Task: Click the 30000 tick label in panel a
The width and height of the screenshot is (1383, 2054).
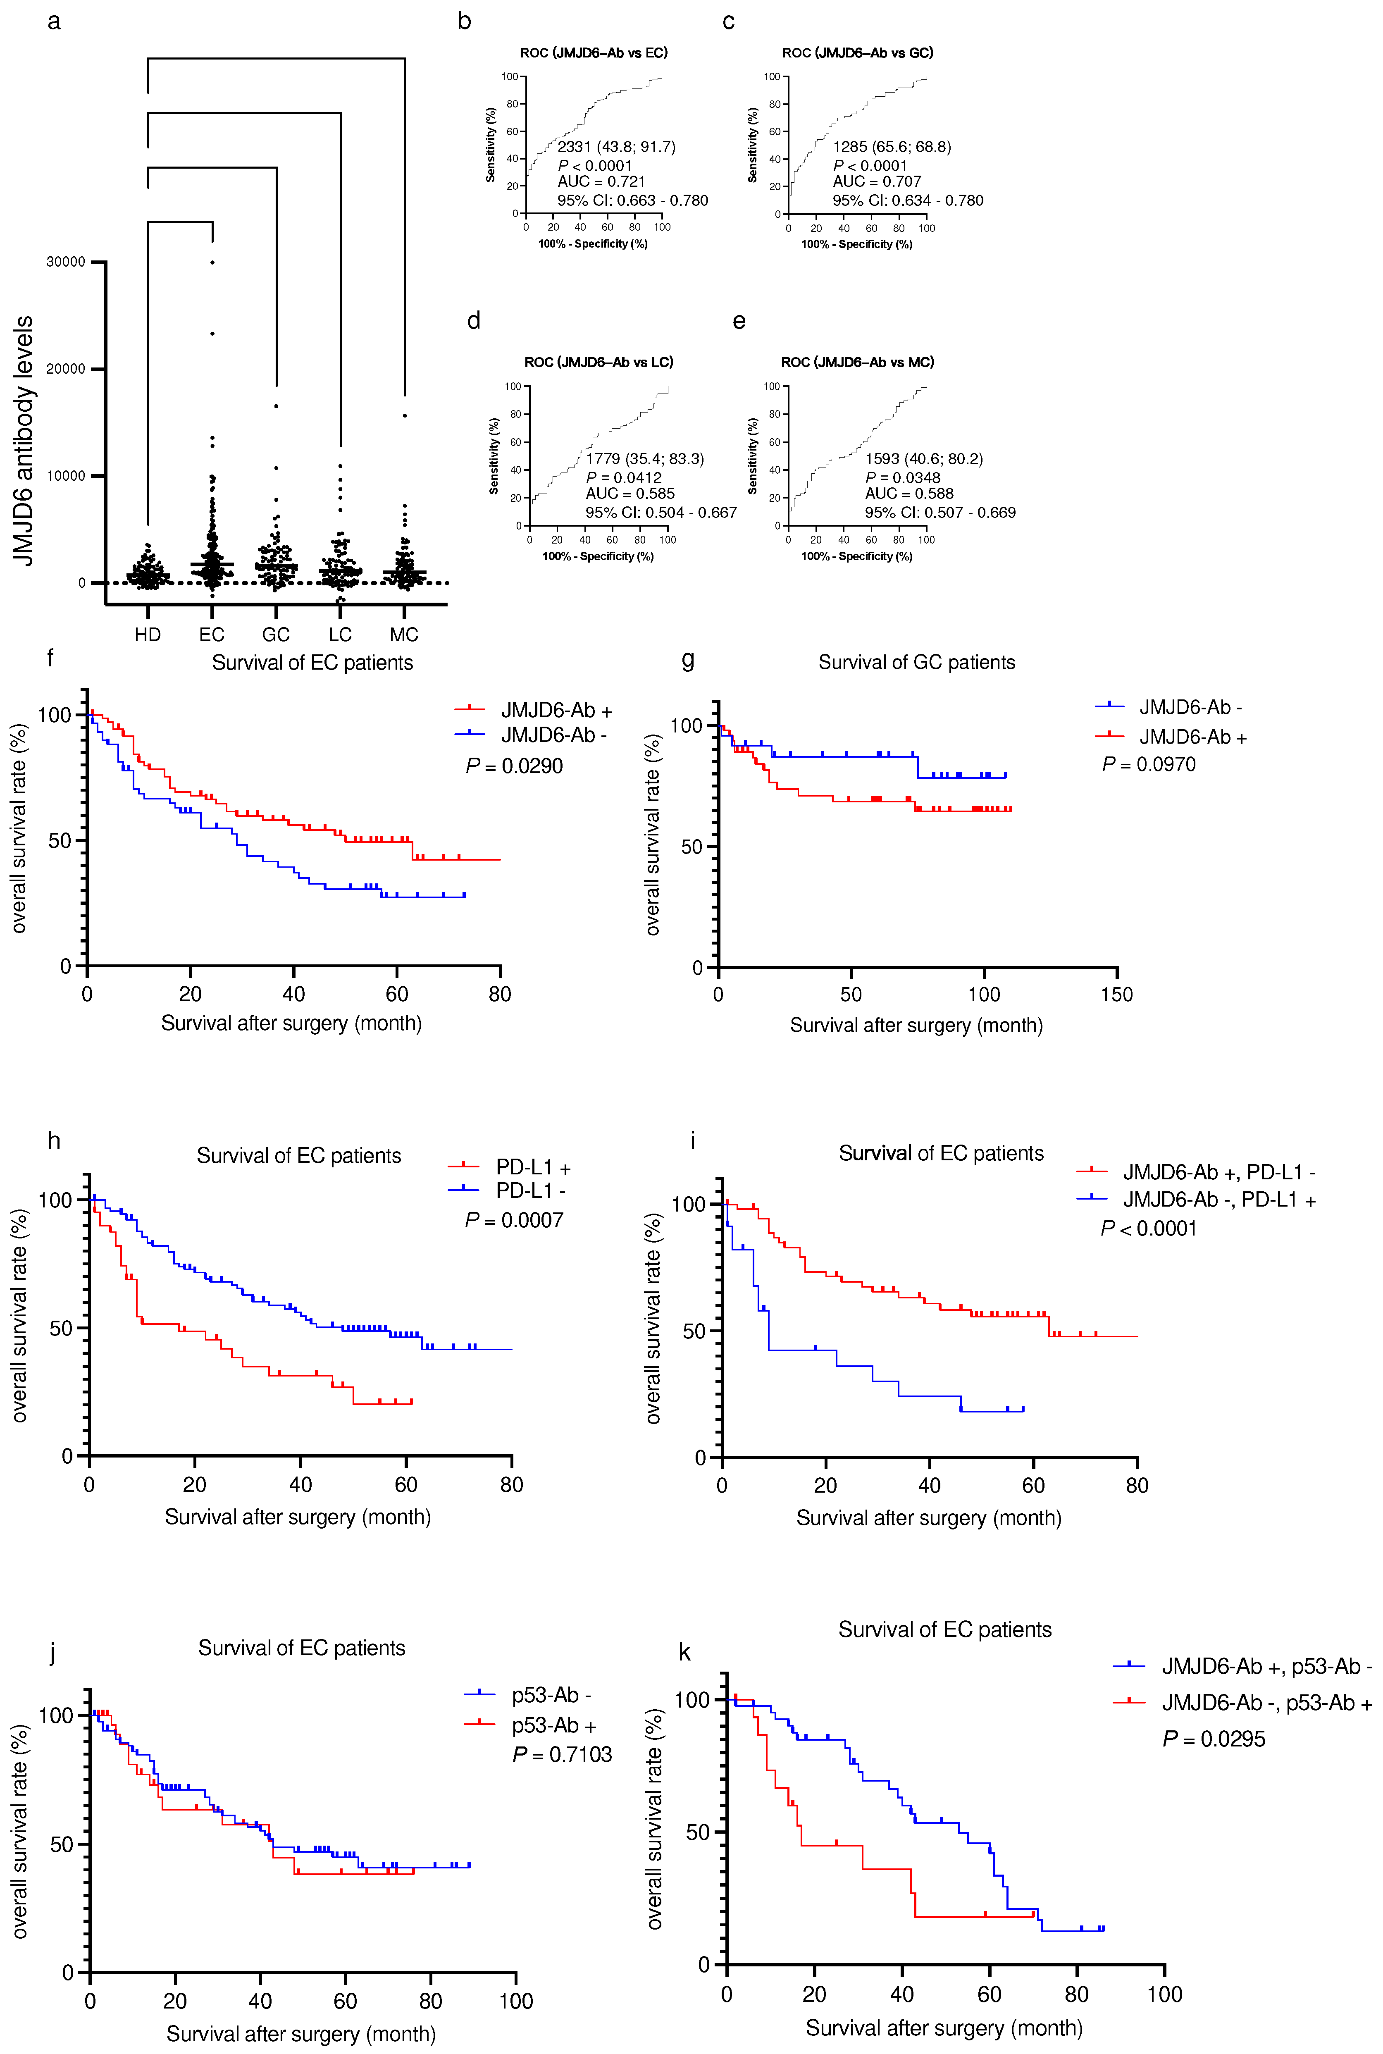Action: pyautogui.click(x=66, y=262)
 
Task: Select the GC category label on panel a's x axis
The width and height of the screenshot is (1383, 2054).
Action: pyautogui.click(x=276, y=635)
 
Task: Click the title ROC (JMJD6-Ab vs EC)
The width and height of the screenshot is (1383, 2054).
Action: pyautogui.click(x=594, y=53)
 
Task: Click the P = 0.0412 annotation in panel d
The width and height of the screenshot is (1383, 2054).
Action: pyautogui.click(x=624, y=477)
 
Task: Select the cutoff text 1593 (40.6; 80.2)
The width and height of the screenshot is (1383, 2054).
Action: pyautogui.click(x=923, y=458)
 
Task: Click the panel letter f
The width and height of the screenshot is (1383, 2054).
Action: pyautogui.click(x=50, y=658)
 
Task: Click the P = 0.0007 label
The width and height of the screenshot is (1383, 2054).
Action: pyautogui.click(x=514, y=1220)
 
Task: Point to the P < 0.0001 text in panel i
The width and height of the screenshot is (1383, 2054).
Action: pyautogui.click(x=1148, y=1229)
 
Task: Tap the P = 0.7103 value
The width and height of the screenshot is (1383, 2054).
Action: pyautogui.click(x=562, y=1754)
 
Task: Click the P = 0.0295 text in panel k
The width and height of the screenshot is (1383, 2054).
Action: pyautogui.click(x=1214, y=1739)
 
